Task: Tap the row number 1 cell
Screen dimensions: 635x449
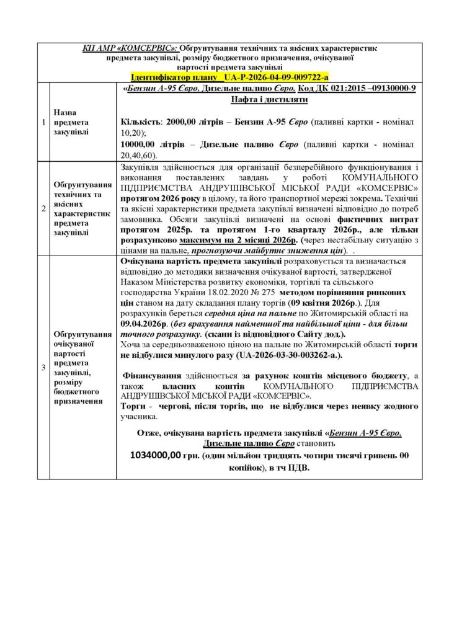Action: point(43,122)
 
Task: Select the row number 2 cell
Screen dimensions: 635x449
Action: point(43,208)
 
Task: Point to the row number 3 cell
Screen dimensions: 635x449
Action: point(43,368)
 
